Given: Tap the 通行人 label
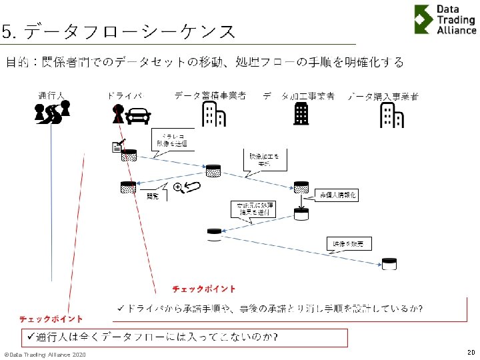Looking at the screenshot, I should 51,97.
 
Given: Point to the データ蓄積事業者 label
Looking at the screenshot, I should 210,96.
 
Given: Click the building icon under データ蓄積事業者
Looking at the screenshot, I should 213,114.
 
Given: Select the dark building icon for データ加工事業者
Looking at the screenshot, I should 301,115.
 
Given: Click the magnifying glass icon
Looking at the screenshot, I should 178,187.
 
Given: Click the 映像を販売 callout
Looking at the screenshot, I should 349,244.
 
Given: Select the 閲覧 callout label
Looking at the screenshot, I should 153,196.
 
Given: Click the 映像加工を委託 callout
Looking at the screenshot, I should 264,159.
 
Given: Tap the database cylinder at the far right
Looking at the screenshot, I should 389,265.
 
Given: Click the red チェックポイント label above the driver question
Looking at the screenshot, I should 204,289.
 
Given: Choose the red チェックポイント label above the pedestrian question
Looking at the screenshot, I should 51,319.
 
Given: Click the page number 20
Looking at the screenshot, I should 471,351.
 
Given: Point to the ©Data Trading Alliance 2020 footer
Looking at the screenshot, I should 45,354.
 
